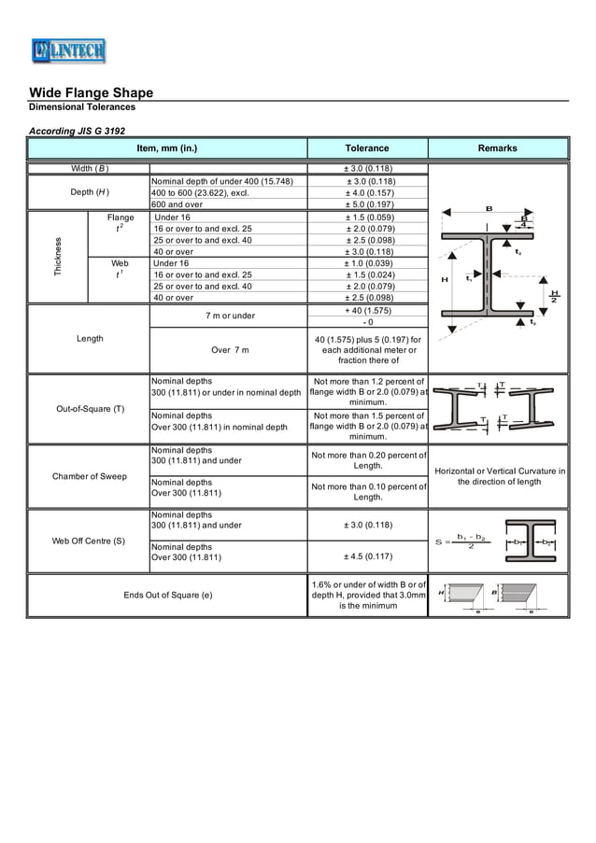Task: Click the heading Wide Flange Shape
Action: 91,92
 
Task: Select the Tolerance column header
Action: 367,148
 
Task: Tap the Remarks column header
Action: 497,148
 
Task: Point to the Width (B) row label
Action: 90,168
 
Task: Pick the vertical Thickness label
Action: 58,258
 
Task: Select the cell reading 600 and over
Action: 177,204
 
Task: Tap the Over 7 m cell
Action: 229,349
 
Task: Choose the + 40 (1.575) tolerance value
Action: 367,310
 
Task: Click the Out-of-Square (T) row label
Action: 90,409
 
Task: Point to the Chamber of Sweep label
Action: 90,476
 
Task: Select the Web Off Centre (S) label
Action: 89,541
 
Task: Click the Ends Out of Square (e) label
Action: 167,595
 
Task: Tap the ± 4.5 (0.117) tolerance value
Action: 367,557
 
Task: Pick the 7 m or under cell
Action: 230,316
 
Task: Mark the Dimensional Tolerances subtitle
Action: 82,107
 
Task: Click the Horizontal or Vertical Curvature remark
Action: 500,476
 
